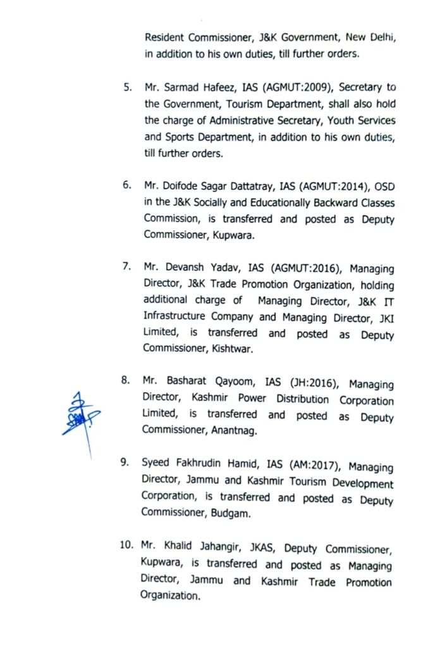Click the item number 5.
127,86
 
